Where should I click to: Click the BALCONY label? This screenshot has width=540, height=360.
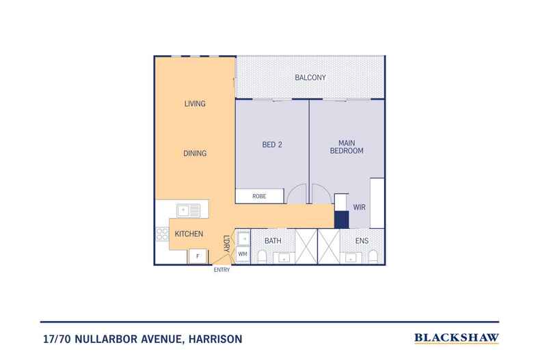click(310, 77)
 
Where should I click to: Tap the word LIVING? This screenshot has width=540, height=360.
click(195, 104)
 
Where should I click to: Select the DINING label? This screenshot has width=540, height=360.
click(195, 154)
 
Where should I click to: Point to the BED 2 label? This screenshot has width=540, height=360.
click(272, 145)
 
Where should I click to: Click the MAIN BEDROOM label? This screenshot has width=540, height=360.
click(347, 147)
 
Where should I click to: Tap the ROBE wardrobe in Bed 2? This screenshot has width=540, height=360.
click(260, 196)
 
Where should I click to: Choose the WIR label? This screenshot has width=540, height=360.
click(359, 207)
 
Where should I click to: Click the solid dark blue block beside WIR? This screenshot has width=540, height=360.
click(342, 219)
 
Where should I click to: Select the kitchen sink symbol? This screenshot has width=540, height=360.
click(188, 210)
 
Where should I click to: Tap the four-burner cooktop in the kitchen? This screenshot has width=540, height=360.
click(162, 234)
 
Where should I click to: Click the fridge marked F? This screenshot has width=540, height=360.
click(198, 256)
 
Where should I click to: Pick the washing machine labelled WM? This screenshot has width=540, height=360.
click(243, 254)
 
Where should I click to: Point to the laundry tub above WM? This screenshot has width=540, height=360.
click(243, 238)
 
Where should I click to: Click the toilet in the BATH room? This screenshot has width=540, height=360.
click(262, 257)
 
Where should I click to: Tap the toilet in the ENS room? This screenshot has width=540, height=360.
click(373, 257)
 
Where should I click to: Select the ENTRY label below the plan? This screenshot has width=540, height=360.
click(221, 270)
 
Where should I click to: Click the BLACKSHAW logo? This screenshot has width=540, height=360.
click(457, 338)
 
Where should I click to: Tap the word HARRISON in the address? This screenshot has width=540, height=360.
click(215, 339)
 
